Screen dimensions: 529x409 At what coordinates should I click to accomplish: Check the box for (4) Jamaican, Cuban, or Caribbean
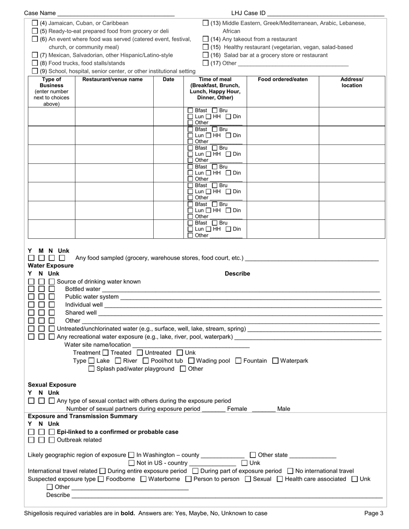pos(35,23)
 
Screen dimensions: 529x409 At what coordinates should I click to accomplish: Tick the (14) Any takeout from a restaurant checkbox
pos(205,39)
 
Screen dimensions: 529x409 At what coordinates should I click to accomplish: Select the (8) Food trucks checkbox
pos(35,63)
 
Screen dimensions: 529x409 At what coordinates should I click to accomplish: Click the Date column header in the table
pos(168,80)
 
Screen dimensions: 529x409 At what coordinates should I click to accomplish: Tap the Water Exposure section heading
pos(50,266)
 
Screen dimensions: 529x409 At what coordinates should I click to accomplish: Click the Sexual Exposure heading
pos(52,385)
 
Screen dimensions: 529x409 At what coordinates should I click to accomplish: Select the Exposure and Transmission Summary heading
pos(83,416)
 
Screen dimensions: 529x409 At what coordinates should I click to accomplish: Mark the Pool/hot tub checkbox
pos(146,361)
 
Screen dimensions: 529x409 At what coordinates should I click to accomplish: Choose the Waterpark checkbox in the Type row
pos(276,361)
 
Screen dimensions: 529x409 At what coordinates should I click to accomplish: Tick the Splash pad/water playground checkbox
pos(91,369)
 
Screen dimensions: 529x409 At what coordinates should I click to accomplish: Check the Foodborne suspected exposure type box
pos(101,479)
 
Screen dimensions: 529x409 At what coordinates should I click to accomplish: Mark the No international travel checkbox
pos(290,471)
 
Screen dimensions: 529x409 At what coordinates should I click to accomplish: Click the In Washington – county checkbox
pos(131,455)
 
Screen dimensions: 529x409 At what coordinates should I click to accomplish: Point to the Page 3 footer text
pos(373,513)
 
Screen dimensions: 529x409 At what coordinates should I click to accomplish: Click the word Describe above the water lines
pos(237,274)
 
